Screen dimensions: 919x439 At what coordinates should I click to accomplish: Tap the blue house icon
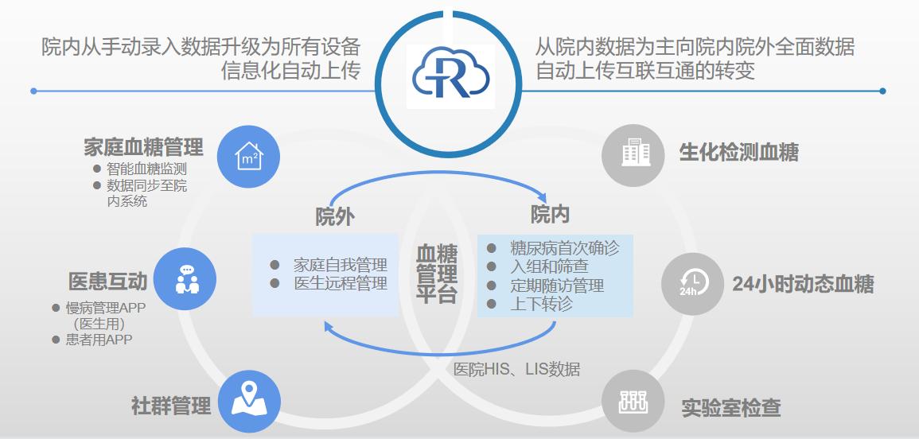(248, 157)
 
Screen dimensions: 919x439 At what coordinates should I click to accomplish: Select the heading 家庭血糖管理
(143, 147)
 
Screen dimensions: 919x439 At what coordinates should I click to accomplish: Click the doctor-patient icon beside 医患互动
(187, 279)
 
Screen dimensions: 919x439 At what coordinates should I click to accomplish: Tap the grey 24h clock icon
(692, 284)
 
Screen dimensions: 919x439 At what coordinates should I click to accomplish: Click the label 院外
(335, 217)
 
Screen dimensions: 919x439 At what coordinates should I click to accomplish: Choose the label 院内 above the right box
(550, 215)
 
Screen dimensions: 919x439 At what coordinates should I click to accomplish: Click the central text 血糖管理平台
(437, 273)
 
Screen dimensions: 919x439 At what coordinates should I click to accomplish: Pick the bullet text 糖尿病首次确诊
(564, 248)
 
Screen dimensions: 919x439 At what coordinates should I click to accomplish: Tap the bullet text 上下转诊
(541, 304)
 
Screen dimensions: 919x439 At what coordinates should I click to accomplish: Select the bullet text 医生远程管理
(341, 284)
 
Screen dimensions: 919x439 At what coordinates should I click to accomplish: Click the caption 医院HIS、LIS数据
(517, 369)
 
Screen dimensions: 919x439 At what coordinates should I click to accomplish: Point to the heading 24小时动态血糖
(803, 284)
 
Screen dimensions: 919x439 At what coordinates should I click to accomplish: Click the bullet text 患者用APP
(99, 340)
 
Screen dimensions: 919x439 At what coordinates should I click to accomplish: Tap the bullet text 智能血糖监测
(146, 169)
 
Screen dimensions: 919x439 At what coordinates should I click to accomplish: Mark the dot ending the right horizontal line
(882, 91)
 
